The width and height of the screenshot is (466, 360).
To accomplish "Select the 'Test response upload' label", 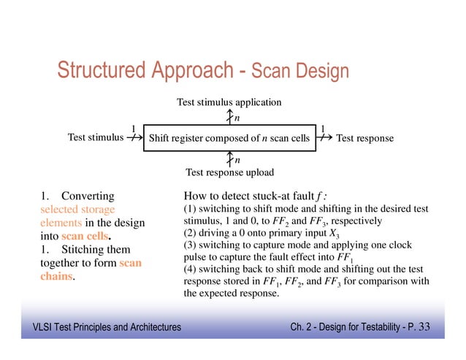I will click(x=229, y=173).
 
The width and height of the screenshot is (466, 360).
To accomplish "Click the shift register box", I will click(x=229, y=138).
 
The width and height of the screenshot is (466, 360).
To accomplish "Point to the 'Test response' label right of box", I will click(x=364, y=138).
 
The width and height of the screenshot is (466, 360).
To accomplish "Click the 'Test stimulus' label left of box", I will click(x=95, y=137).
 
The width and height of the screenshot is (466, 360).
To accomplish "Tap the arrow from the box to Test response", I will click(x=325, y=138).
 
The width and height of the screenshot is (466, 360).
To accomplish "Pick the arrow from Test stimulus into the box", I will click(x=133, y=138).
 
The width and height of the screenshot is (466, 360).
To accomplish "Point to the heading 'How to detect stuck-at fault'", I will click(x=255, y=196).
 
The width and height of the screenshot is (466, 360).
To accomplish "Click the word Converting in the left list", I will click(x=88, y=196).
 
